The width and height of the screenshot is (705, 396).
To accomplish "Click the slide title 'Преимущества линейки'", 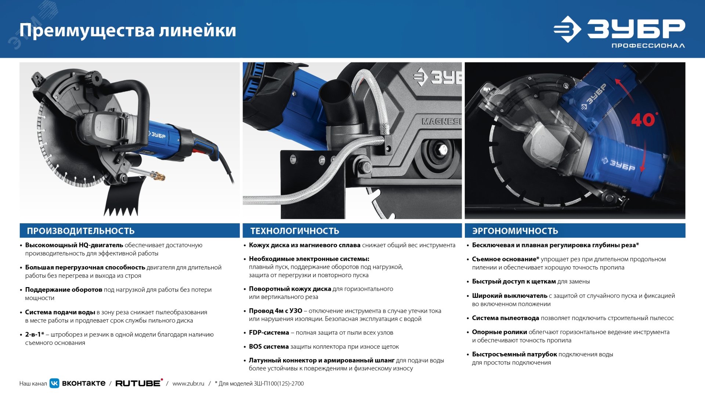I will [x=127, y=30].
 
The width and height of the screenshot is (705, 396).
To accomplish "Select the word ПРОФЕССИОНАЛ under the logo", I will [x=648, y=46].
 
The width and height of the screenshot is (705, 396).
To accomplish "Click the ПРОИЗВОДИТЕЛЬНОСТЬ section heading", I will [x=81, y=231].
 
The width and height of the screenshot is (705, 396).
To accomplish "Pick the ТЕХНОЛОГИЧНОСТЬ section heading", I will [x=294, y=231].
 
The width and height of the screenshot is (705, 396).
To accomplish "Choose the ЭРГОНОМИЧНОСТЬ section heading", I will [x=515, y=231].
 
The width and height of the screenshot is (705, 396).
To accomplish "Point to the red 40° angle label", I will [x=643, y=120].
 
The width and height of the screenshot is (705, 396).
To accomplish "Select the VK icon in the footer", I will [x=54, y=383].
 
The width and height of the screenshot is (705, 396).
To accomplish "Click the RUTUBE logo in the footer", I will [x=138, y=383].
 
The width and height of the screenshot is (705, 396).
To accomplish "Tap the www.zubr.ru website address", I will [x=188, y=384].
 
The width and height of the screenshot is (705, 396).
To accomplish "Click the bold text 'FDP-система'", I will [x=269, y=333].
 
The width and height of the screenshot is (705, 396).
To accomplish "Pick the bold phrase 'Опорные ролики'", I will [x=499, y=332].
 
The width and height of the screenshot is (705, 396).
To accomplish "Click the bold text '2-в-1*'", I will [x=35, y=334].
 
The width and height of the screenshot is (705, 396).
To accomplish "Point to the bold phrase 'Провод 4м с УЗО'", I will [x=275, y=311].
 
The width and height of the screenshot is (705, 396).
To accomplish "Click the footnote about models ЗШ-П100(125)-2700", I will [x=259, y=384].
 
